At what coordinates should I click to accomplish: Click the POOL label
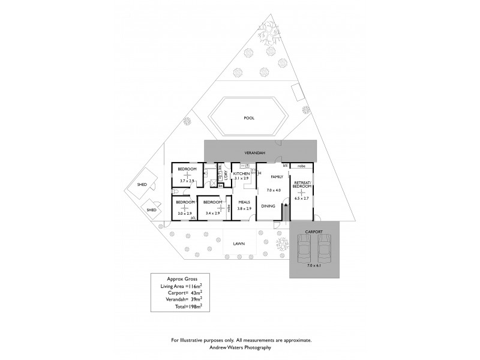[x=249, y=118]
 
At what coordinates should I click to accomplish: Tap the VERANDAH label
[x=254, y=154]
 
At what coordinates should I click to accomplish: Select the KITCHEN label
[x=241, y=173]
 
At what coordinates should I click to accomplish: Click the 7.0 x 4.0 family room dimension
[x=274, y=191]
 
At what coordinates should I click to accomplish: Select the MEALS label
[x=244, y=202]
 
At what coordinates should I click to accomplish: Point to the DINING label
[x=268, y=206]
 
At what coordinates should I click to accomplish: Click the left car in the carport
[x=304, y=246]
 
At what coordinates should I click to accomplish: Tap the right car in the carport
[x=324, y=246]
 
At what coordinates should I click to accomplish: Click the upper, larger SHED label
[x=142, y=185]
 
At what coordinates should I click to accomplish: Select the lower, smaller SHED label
[x=152, y=210]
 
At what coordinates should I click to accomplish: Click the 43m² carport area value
[x=194, y=292]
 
